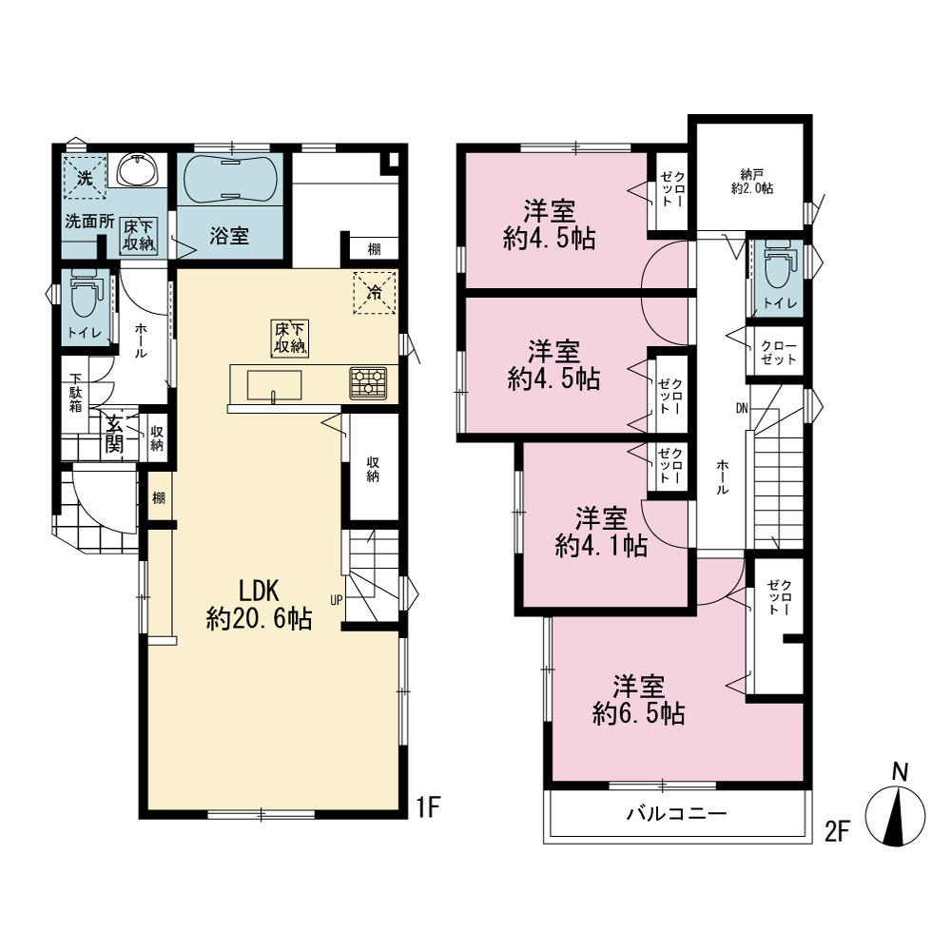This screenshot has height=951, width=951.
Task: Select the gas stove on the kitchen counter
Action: click(368, 383)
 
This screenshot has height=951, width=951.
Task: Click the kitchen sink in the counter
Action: click(274, 385)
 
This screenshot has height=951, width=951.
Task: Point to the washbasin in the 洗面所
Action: click(139, 170)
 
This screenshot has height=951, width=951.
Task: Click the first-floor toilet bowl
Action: click(85, 297)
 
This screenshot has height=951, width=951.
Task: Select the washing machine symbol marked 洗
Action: click(85, 177)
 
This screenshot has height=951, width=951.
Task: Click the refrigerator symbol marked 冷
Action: click(375, 293)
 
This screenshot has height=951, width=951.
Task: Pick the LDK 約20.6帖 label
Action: click(259, 604)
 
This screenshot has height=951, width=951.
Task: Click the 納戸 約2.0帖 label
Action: click(752, 182)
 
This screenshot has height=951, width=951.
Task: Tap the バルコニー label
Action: click(676, 813)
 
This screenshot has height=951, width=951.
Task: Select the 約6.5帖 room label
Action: click(639, 701)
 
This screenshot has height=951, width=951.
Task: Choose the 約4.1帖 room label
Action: click(601, 534)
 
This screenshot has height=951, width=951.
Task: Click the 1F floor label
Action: click(428, 807)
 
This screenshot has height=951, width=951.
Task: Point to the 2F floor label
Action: click(837, 831)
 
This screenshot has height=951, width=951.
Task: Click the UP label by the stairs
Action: click(337, 600)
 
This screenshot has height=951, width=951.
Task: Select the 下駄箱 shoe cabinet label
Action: click(75, 393)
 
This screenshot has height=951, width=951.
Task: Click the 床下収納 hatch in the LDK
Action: click(290, 339)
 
